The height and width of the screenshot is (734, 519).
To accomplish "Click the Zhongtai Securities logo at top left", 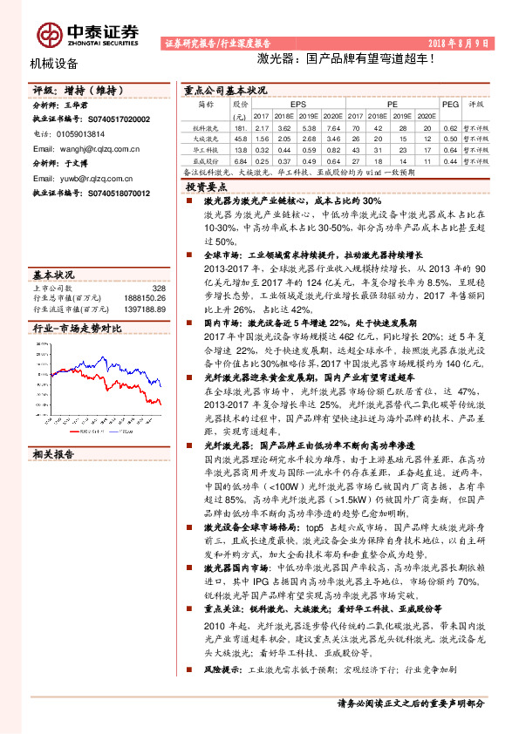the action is click(x=87, y=32).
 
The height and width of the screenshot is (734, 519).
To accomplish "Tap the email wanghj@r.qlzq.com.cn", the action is click(x=96, y=149).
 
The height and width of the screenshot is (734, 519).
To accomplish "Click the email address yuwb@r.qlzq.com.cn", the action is click(x=92, y=178).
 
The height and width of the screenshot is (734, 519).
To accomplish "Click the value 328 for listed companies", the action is click(x=158, y=288).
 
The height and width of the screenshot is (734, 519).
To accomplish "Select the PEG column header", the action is click(x=450, y=103).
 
